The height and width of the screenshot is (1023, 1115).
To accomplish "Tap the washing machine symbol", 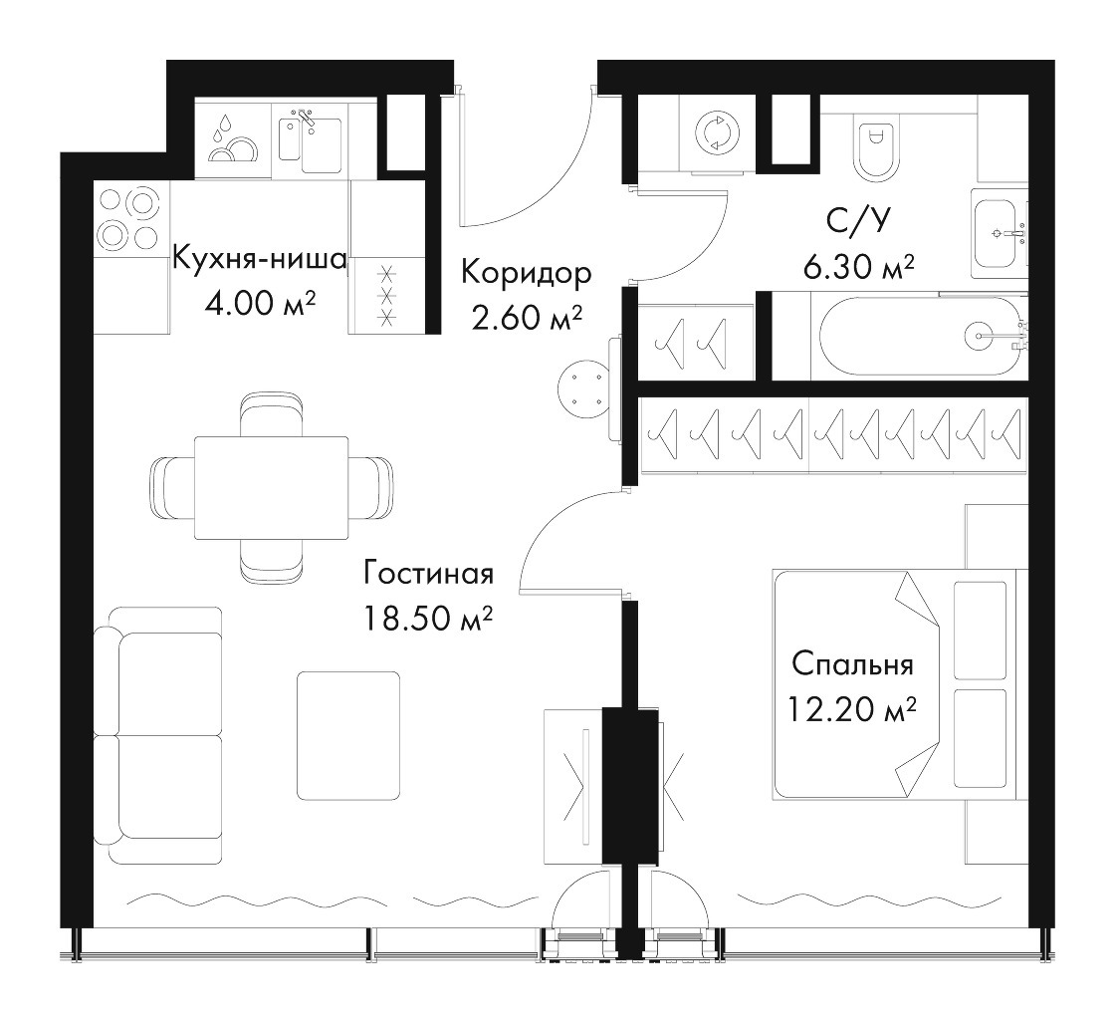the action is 717,133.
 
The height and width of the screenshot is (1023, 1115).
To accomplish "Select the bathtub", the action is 920,336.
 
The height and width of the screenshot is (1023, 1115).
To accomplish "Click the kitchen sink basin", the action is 322,145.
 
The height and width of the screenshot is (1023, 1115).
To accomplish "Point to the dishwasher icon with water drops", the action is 233,139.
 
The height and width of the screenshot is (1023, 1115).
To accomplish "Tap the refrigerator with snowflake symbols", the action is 387,295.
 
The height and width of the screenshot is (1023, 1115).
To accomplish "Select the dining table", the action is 271,488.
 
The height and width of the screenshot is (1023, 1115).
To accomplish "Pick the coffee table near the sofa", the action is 348,735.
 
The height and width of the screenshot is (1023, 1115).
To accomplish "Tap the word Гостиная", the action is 429,574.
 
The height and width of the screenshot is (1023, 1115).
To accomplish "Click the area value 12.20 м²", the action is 851,708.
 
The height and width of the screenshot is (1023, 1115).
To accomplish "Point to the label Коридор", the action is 526,273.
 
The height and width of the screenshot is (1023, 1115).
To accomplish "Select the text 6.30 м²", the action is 858,268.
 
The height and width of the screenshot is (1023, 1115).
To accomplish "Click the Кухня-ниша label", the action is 260,258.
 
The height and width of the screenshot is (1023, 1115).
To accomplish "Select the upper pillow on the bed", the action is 980,630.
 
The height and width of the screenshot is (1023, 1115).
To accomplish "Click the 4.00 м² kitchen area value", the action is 260,305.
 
